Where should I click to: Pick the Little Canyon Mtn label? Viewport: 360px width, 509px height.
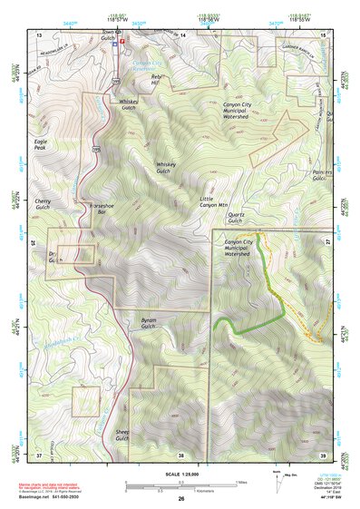[x=213, y=202]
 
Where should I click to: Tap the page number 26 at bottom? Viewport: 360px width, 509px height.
[x=180, y=499]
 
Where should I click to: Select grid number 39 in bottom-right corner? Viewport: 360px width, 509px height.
[x=323, y=455]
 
